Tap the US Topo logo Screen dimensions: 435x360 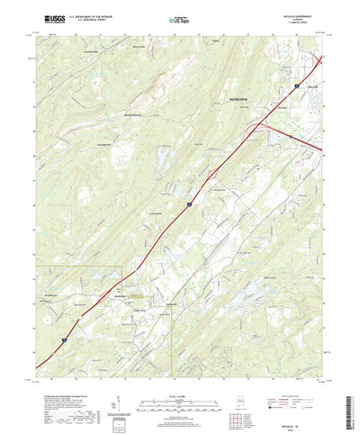click(179, 18)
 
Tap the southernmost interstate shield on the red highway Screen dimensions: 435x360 click(64, 339)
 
